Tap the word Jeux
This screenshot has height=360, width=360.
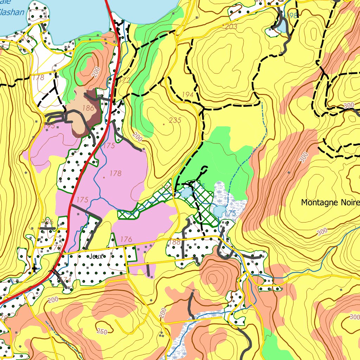click(x=95, y=256)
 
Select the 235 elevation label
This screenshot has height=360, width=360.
click(x=175, y=120)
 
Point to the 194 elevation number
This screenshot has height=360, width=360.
click(x=188, y=95)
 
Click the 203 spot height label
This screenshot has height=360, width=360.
click(x=231, y=26)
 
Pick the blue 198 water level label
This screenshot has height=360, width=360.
click(x=291, y=15)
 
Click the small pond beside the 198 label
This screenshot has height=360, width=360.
click(x=282, y=26)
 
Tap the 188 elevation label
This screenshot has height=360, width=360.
click(x=175, y=242)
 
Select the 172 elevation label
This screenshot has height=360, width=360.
click(x=124, y=81)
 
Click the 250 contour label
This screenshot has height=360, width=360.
click(x=102, y=332)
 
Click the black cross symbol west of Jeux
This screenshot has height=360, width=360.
click(x=34, y=269)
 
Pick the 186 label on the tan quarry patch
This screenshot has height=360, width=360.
click(x=88, y=108)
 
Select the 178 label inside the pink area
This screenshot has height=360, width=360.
click(x=115, y=173)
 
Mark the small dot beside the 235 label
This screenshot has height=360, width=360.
click(x=163, y=124)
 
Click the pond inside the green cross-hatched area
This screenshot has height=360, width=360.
click(x=186, y=192)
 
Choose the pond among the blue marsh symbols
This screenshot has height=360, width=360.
click(x=219, y=211)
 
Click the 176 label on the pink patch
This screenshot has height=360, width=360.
click(x=126, y=239)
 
